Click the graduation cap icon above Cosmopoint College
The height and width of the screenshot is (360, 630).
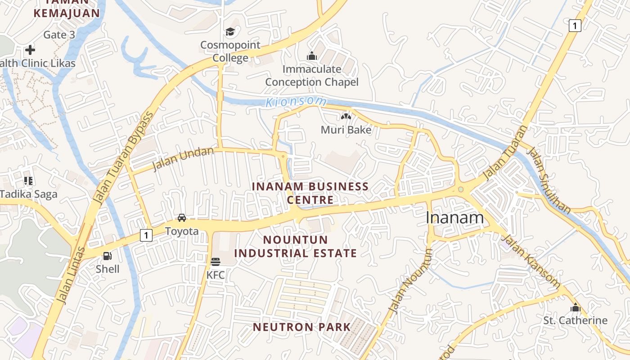230,31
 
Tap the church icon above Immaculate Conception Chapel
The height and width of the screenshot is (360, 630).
311,56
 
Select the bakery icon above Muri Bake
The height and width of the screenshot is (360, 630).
346,117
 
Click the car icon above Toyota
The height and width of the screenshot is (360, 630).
181,218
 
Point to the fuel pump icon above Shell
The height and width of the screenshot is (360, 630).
108,256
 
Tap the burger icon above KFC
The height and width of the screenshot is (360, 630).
215,261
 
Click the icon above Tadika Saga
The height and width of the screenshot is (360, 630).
28,181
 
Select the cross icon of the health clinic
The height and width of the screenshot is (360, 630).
30,49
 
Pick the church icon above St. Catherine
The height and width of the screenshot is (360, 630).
575,308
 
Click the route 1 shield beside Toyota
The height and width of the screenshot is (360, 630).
146,235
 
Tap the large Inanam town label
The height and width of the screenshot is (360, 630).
454,218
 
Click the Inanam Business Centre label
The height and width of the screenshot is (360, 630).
310,193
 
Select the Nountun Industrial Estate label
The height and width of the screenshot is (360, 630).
296,246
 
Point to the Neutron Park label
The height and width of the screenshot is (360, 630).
301,327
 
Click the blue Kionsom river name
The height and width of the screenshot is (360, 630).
296,101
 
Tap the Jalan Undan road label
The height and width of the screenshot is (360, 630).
183,159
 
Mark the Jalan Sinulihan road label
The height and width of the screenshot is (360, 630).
549,180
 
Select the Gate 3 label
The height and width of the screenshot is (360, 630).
59,35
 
